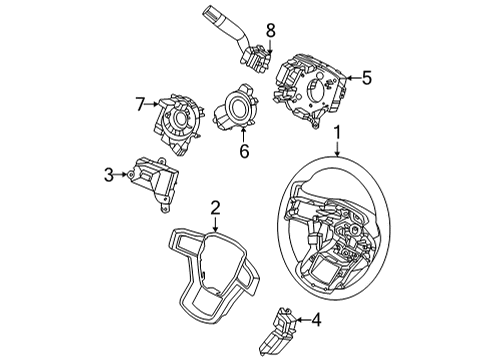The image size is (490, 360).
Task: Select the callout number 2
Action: [x=215, y=208]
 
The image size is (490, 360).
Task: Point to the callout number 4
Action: [x=316, y=321]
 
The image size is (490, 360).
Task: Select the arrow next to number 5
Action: [x=353, y=75]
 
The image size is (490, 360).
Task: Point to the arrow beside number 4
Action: [x=302, y=321]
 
